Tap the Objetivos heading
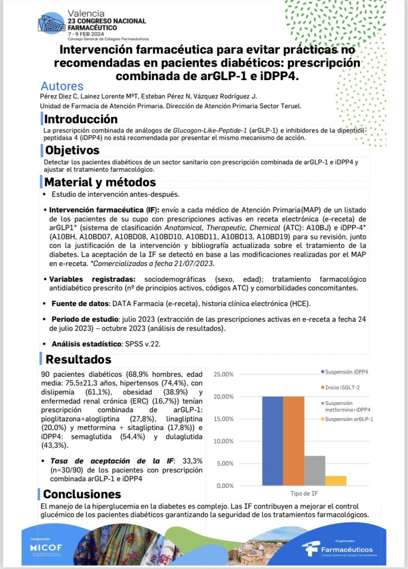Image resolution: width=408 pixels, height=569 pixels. tap(72, 151)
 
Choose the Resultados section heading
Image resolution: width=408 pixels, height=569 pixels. tap(78, 360)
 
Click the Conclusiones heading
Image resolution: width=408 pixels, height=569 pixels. tap(82, 494)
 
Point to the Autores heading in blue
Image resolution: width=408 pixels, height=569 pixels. tap(62, 86)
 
